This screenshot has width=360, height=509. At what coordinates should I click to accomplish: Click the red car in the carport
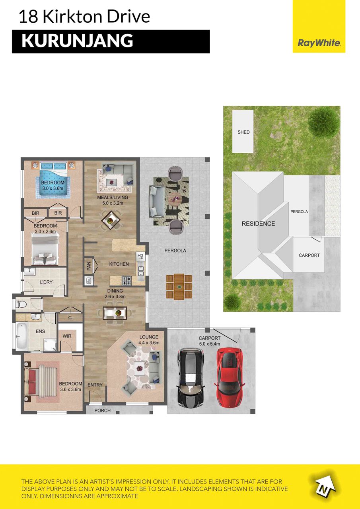[x=230, y=377]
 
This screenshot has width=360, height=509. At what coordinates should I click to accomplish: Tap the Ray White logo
[x=319, y=43]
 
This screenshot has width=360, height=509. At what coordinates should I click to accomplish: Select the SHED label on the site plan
[x=243, y=132]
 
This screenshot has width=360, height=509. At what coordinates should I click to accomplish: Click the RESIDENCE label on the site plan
[x=258, y=224]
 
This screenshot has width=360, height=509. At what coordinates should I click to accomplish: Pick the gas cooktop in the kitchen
[x=127, y=281]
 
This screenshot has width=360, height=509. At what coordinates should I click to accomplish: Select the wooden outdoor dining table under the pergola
[x=179, y=287]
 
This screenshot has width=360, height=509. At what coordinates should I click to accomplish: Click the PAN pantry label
[x=89, y=266]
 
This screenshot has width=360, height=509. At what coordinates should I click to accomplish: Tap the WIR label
[x=67, y=336]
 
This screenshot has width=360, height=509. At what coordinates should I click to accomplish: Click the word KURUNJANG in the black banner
[x=77, y=41]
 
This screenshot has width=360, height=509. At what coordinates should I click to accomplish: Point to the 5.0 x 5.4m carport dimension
[x=210, y=344]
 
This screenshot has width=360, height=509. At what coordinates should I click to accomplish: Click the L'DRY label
[x=46, y=282]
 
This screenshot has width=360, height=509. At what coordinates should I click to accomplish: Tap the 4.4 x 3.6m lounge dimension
[x=149, y=343]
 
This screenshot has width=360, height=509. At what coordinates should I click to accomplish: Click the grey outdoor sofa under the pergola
[x=157, y=201]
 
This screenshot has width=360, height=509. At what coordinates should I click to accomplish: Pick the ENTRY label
[x=95, y=385]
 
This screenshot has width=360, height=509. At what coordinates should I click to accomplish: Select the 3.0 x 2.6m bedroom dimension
[x=45, y=231]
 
